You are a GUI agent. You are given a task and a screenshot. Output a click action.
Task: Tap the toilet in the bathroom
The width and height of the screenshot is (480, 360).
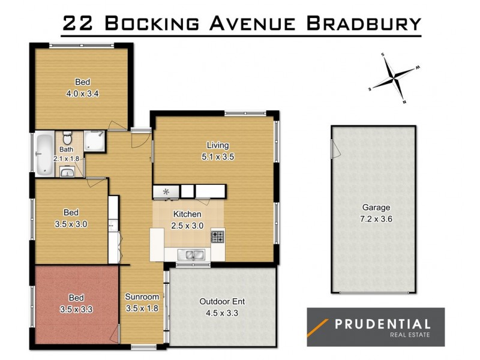pos(67,136)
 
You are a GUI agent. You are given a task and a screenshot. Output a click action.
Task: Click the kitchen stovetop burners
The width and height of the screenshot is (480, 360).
pos(217,236)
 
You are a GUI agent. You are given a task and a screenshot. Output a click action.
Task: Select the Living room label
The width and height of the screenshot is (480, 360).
pos(218,145)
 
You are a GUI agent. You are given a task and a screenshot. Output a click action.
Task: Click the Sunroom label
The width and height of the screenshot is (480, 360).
pos(142,297)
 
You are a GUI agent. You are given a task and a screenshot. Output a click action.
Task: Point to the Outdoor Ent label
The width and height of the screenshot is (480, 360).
pos(222,301)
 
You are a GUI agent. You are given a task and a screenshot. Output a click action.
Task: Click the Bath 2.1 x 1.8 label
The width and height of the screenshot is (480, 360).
pos(66,158)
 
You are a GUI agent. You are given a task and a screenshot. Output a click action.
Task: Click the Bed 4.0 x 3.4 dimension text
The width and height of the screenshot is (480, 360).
pos(82,94)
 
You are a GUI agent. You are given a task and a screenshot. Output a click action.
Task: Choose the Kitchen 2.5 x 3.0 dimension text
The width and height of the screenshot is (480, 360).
pos(187,226)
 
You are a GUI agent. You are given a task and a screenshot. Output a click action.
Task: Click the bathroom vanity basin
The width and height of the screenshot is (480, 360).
pos(67,173)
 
